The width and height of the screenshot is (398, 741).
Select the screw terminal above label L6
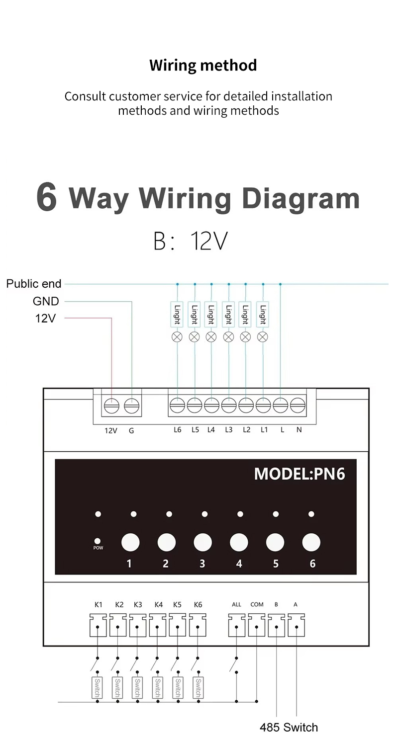(177, 406)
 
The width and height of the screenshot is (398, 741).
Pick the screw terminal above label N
(298, 406)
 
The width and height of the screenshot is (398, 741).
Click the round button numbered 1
(130, 542)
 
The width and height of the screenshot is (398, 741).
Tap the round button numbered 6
(311, 542)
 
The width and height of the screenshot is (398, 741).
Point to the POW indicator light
(98, 541)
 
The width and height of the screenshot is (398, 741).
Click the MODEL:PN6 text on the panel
(299, 474)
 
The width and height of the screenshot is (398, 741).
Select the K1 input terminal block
(98, 625)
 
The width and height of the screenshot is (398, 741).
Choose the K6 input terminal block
(198, 625)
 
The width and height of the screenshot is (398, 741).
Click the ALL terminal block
(237, 625)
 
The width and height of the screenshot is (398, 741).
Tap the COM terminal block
(257, 625)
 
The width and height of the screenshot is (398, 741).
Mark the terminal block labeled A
(296, 625)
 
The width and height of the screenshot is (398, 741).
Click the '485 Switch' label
(289, 728)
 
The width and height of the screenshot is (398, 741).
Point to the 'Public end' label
(34, 284)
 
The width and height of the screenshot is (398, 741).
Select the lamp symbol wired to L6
(177, 337)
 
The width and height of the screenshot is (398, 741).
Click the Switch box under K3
(137, 687)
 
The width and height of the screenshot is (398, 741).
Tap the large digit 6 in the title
(47, 197)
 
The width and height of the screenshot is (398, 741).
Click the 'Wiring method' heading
(203, 65)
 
